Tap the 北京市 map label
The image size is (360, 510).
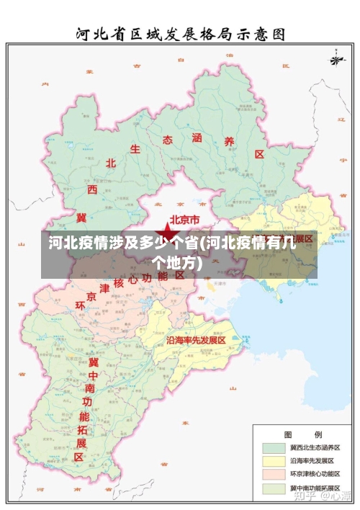(189, 220)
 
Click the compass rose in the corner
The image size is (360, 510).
(336, 58)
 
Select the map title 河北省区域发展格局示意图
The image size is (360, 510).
(180, 33)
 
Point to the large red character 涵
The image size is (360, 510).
(197, 137)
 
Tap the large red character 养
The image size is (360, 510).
(229, 142)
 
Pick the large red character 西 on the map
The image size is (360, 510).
(92, 189)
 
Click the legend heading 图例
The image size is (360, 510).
(302, 434)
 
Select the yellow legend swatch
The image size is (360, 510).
(274, 460)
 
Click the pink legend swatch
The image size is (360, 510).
(274, 474)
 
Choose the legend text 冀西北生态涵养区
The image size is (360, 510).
(314, 447)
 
